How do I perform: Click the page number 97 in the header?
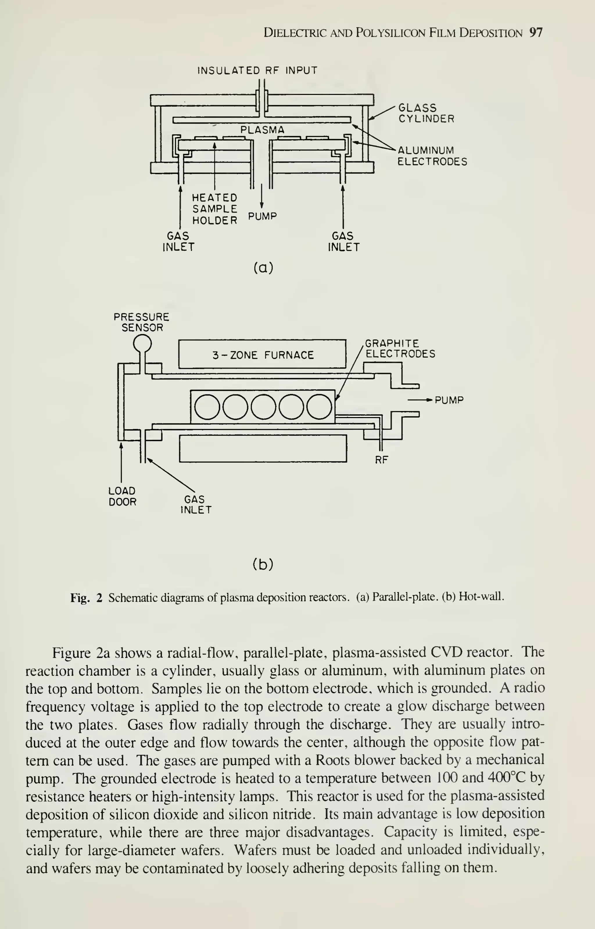[x=536, y=33]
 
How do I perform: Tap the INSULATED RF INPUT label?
[x=257, y=70]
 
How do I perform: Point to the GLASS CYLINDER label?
[x=426, y=113]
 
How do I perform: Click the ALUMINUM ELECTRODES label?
[x=432, y=156]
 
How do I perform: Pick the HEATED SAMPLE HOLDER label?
[x=215, y=209]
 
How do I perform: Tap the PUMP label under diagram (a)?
[x=262, y=216]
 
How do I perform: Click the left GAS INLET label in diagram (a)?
[x=178, y=241]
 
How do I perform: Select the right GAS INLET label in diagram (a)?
[x=343, y=241]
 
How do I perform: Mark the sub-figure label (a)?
[x=264, y=267]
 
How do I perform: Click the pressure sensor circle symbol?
[x=142, y=343]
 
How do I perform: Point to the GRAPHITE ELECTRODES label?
[x=400, y=348]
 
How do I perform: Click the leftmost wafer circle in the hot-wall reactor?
[x=207, y=407]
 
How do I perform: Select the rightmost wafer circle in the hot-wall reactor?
[x=319, y=407]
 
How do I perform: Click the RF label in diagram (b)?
[x=381, y=460]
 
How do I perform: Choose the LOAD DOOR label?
[x=122, y=496]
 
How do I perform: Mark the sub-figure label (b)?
[x=263, y=565]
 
